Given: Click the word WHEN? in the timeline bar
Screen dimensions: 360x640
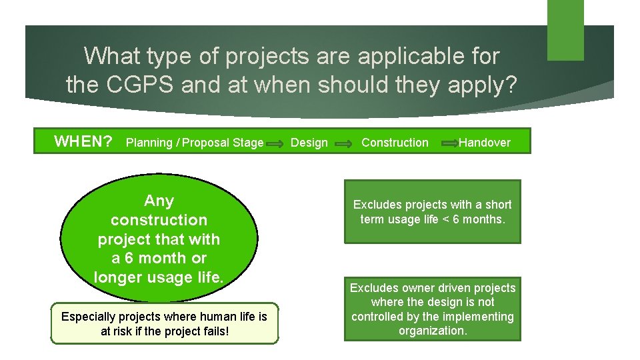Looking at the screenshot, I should (83, 141).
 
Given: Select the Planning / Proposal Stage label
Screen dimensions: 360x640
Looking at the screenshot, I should (194, 143).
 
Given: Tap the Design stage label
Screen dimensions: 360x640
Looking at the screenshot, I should (309, 143).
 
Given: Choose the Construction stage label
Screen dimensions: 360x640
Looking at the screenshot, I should (395, 143).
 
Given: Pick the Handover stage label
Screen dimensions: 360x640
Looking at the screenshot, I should (484, 143).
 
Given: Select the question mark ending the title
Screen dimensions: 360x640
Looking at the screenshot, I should (510, 85).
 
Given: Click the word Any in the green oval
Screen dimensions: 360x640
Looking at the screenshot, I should (159, 201).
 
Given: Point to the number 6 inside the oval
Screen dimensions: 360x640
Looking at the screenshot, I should (129, 258).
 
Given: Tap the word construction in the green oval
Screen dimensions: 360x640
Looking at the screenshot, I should (159, 220).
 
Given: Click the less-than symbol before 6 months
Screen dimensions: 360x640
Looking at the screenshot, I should (443, 219).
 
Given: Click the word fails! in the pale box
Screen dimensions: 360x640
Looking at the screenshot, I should (213, 331).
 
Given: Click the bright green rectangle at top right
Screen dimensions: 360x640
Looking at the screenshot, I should (565, 30).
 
